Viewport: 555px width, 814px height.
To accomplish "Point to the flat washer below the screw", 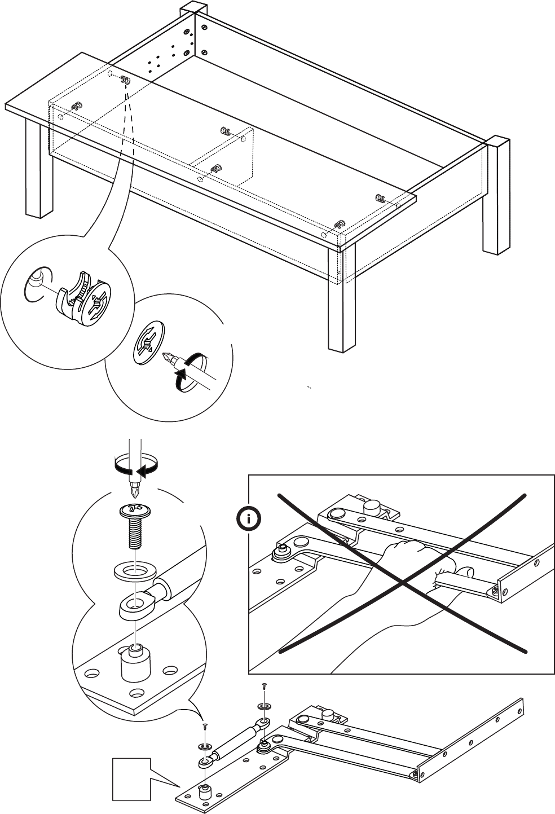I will pos(134,570).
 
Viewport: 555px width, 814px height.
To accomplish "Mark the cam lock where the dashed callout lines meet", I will pos(125,81).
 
